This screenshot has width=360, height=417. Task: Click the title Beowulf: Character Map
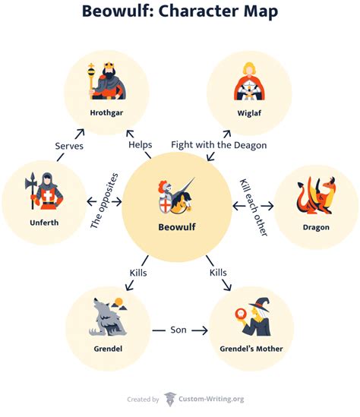click(179, 13)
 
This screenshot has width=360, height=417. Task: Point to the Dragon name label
click(315, 226)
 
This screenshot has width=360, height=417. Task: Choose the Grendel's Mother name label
click(251, 349)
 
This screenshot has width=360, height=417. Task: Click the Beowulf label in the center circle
click(178, 226)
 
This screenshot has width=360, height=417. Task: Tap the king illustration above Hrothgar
click(107, 79)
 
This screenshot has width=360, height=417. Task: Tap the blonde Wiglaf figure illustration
click(250, 80)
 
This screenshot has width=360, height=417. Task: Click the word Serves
click(69, 145)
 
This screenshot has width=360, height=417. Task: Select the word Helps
click(141, 144)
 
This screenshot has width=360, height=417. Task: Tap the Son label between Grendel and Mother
click(179, 330)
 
